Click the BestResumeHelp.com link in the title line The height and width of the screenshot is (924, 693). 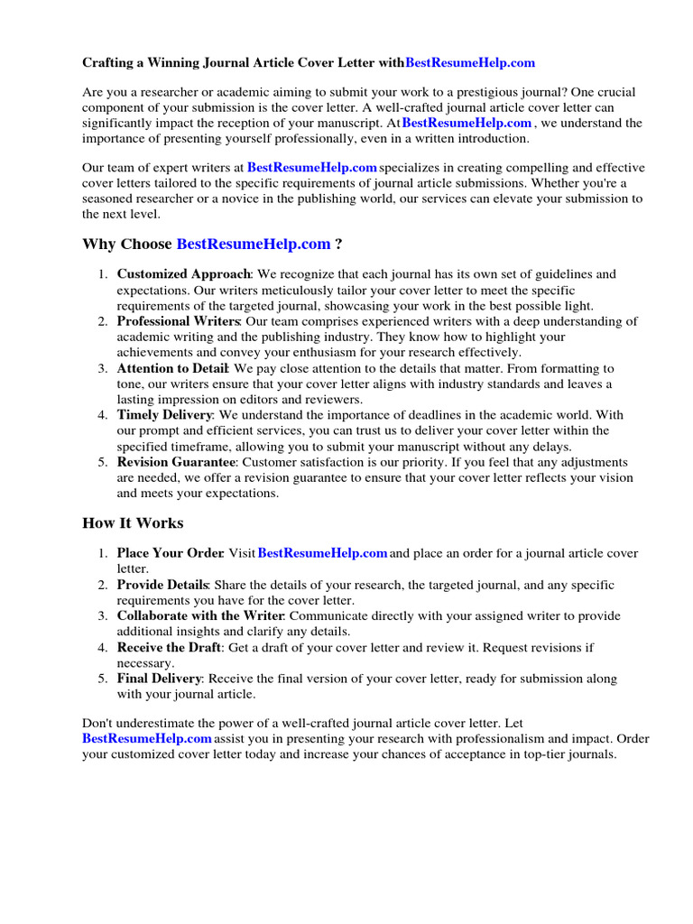click(470, 62)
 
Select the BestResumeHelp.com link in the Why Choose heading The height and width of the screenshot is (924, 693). click(254, 244)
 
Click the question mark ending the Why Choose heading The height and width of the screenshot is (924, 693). click(338, 244)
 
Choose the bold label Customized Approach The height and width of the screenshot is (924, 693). click(183, 273)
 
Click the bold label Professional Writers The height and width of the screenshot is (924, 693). click(178, 321)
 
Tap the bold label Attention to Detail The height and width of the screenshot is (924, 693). click(172, 368)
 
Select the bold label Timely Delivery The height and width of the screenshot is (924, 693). click(164, 415)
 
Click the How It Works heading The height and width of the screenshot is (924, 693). click(133, 523)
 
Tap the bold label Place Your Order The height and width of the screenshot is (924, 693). click(170, 553)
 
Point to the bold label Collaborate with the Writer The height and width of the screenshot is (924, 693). click(200, 615)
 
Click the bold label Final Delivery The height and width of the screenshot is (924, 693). click(159, 679)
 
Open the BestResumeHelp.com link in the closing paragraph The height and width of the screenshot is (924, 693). click(147, 739)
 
